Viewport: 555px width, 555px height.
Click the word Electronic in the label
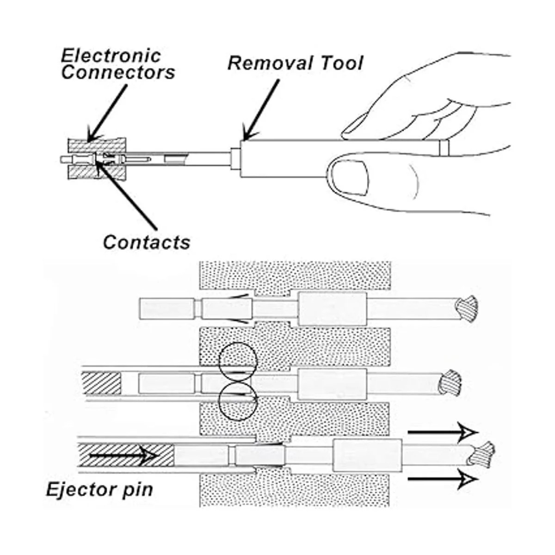coord(111,56)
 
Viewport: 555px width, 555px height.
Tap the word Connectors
coord(118,73)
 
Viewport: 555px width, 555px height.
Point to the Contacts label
coord(146,242)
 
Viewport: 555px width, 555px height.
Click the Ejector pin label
coord(99,490)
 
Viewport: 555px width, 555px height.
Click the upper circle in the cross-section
coord(237,361)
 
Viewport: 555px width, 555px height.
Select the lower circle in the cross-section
coord(237,401)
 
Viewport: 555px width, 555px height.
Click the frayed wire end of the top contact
coord(466,309)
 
